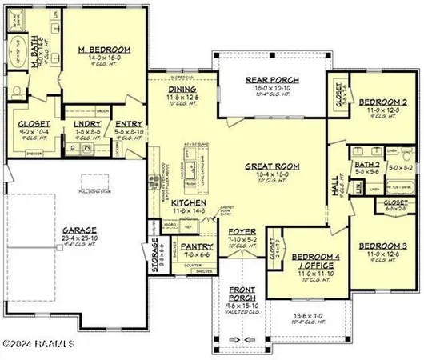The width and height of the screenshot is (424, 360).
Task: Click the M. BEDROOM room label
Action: coord(105,50)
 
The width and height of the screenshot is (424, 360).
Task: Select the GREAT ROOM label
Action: coord(272,166)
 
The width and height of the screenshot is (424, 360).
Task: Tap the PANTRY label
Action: coord(194,247)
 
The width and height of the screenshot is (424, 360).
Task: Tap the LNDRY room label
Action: coord(86,124)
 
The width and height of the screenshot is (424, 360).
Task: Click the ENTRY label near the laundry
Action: coord(128,124)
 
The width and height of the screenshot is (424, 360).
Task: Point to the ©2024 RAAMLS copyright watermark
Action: coord(38,344)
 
